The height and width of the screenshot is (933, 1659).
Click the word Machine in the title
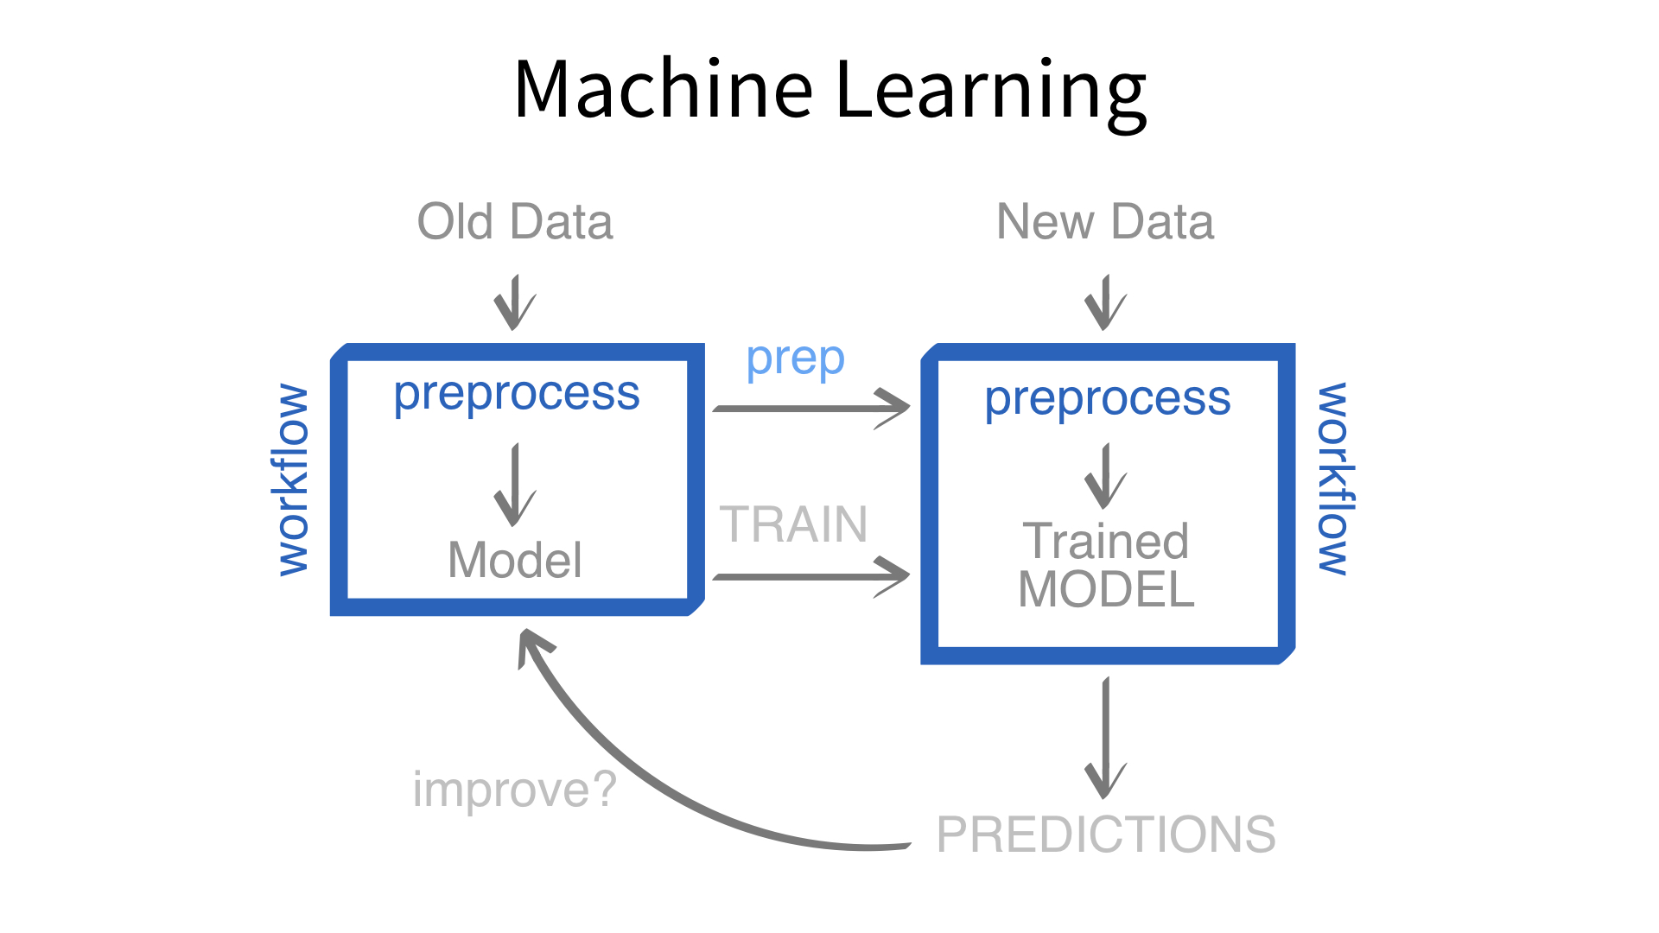663,89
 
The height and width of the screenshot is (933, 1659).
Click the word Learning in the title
991,92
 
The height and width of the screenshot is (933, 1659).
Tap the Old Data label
515,222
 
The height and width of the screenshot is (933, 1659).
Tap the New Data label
1105,222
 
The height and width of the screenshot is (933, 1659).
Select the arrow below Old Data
515,302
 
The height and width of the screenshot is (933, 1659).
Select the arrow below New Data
1106,302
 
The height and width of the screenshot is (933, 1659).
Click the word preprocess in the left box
517,395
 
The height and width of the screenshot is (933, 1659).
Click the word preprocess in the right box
1108,400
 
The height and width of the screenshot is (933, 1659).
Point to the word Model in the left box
515,560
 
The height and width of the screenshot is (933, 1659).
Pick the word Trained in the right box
1106,541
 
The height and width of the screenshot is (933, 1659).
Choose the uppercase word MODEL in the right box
1106,590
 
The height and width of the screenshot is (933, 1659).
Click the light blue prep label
795,360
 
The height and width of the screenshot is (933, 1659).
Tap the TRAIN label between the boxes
793,524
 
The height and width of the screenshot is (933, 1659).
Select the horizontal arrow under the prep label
810,408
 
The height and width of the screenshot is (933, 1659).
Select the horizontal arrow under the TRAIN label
810,576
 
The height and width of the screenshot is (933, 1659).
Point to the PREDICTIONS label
1106,835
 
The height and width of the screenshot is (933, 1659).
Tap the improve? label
515,790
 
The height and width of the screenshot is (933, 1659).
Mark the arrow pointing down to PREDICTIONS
1106,739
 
